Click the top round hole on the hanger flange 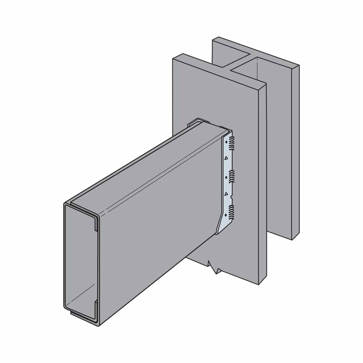click(226, 142)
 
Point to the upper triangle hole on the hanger click(225, 158)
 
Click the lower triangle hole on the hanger click(226, 193)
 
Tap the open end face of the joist click(80, 263)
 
